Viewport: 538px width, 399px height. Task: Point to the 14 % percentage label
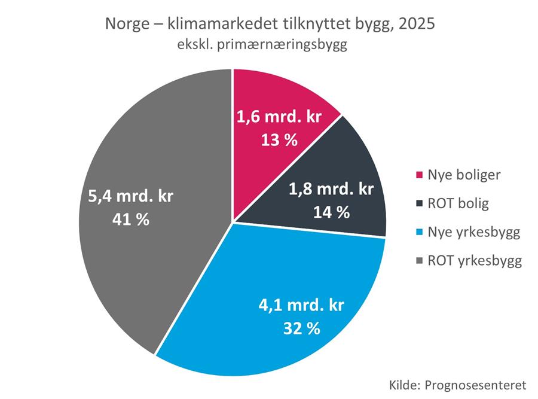pyautogui.click(x=331, y=212)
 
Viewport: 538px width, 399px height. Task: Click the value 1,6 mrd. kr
pyautogui.click(x=280, y=118)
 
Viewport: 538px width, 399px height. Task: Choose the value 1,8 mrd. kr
pyautogui.click(x=331, y=190)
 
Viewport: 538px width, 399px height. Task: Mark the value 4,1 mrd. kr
pyautogui.click(x=302, y=306)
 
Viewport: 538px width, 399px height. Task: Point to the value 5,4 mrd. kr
pyautogui.click(x=130, y=197)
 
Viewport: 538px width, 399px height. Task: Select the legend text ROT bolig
pyautogui.click(x=450, y=203)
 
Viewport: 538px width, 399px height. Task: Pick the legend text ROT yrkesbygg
pyautogui.click(x=466, y=261)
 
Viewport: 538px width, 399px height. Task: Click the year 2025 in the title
pyautogui.click(x=411, y=25)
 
